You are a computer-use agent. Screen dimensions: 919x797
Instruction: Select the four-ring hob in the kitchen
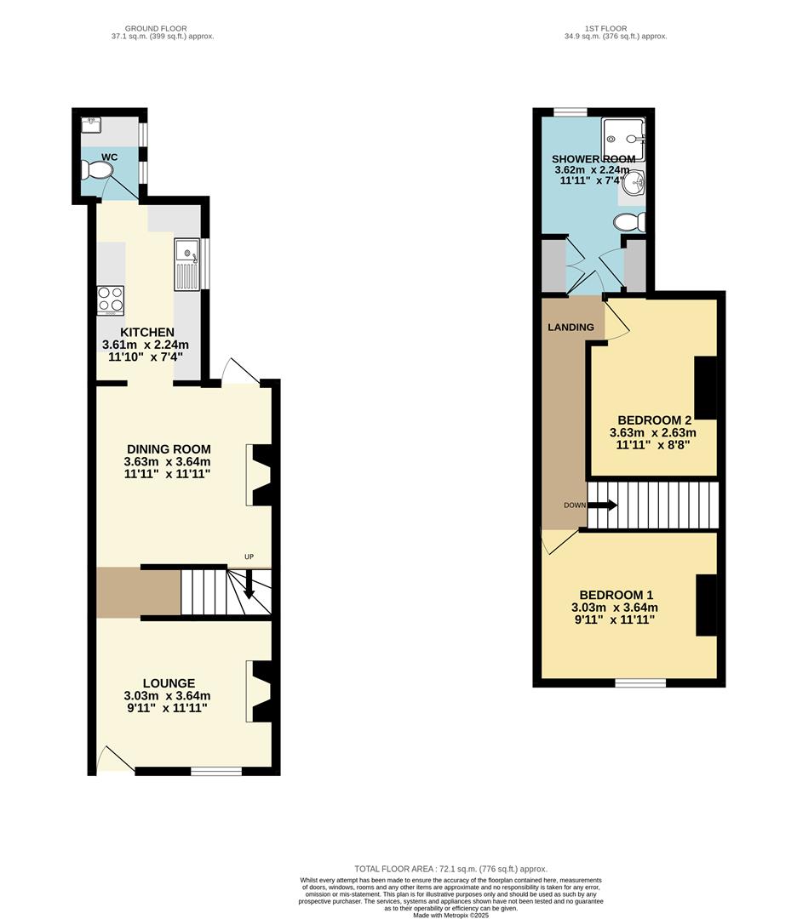pyautogui.click(x=111, y=300)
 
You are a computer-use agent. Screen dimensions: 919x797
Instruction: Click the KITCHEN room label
pyautogui.click(x=147, y=332)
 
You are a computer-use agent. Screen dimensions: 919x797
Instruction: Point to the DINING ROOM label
pyautogui.click(x=169, y=449)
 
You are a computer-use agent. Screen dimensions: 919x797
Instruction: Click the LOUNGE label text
pyautogui.click(x=169, y=683)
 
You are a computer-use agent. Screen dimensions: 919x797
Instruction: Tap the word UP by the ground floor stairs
pyautogui.click(x=249, y=557)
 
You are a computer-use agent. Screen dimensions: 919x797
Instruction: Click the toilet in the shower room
pyautogui.click(x=629, y=222)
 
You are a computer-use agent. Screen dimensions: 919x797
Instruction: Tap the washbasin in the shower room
pyautogui.click(x=634, y=182)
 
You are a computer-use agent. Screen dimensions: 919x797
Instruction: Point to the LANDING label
pyautogui.click(x=571, y=327)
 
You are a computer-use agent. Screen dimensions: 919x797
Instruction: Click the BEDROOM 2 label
pyautogui.click(x=653, y=420)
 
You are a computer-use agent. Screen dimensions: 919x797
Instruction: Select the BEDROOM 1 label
pyautogui.click(x=616, y=595)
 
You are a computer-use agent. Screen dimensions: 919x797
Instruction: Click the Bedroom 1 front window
pyautogui.click(x=640, y=682)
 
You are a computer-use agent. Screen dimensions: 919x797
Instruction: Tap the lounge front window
pyautogui.click(x=216, y=771)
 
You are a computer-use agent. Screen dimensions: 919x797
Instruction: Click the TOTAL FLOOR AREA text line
pyautogui.click(x=451, y=868)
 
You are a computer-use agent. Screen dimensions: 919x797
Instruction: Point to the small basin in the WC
pyautogui.click(x=91, y=124)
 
